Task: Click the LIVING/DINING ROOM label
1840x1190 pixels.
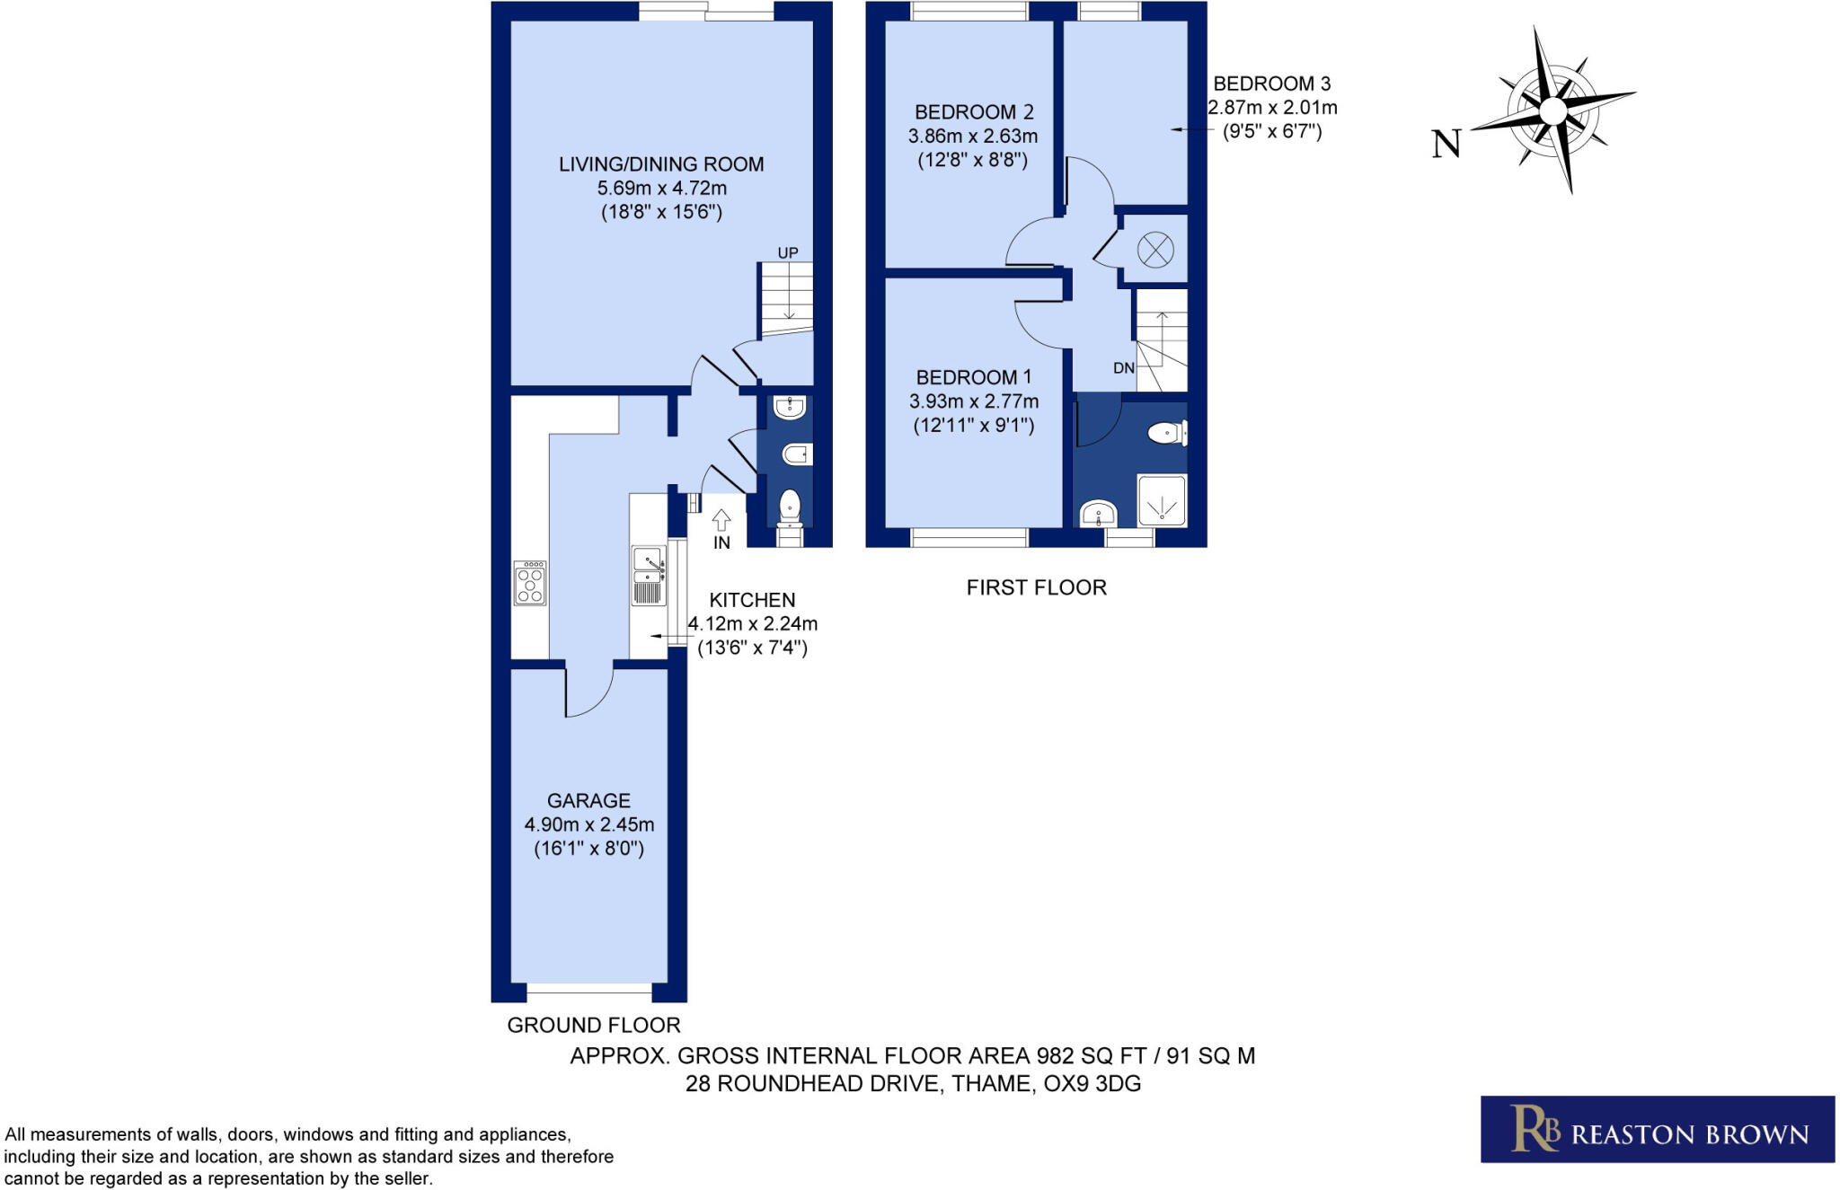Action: (x=661, y=164)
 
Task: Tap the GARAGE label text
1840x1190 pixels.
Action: (x=588, y=800)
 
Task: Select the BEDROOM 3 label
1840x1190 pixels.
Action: (x=1271, y=84)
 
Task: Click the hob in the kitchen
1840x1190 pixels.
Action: (x=529, y=583)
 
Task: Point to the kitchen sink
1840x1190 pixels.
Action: (x=648, y=575)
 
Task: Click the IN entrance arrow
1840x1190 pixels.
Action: (x=721, y=521)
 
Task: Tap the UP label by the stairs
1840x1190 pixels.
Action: (x=788, y=253)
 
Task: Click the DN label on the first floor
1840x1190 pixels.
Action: (x=1123, y=368)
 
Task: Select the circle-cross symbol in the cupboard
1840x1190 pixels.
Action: (x=1155, y=249)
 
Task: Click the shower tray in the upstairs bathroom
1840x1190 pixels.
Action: (x=1162, y=501)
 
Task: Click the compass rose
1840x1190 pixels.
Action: (x=1552, y=110)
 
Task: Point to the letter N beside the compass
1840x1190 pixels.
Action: (x=1446, y=144)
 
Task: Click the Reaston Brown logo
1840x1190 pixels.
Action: (x=1657, y=1129)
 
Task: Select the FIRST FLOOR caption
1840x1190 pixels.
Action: (x=1036, y=587)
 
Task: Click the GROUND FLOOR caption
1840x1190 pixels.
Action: (x=593, y=1025)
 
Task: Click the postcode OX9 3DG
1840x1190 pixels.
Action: (x=1092, y=1084)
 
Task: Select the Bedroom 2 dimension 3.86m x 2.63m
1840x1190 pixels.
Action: (x=972, y=137)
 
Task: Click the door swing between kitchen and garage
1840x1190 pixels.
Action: (x=588, y=692)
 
